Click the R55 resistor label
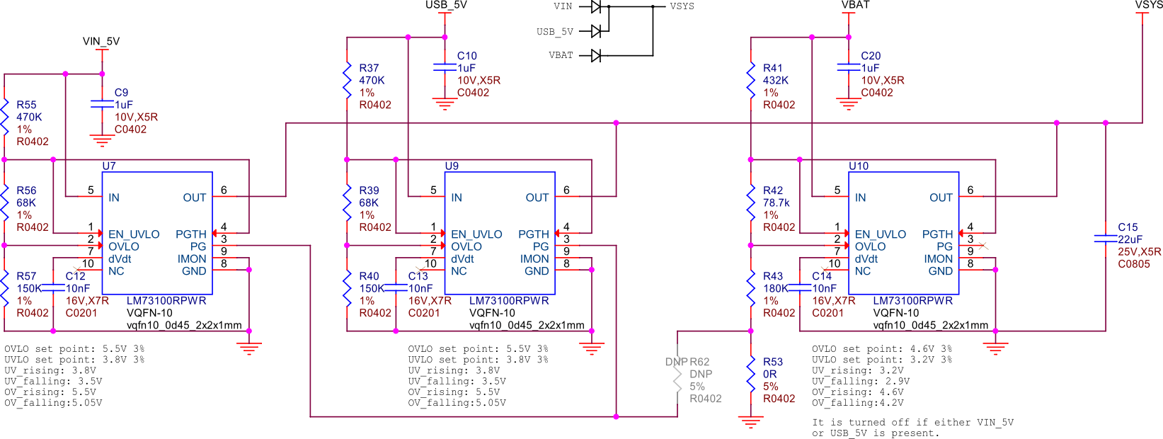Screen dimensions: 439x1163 click(26, 105)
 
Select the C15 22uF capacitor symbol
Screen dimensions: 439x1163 click(1105, 239)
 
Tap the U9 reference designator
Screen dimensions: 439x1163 click(452, 166)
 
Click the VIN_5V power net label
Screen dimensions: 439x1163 click(101, 41)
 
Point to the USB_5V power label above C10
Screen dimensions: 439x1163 click(446, 5)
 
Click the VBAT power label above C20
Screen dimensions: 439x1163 click(855, 5)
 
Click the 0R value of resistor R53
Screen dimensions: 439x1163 click(769, 374)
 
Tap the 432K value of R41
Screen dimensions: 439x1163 click(776, 80)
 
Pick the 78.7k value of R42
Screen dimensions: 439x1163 click(777, 203)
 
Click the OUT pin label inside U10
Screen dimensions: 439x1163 click(941, 198)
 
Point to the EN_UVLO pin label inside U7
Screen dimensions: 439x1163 click(134, 234)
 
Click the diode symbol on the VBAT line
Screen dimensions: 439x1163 click(596, 55)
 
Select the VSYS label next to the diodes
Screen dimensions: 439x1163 click(682, 6)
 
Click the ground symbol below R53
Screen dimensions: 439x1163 click(750, 422)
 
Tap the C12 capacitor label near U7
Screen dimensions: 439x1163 click(75, 276)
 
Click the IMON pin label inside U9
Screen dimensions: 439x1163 click(534, 259)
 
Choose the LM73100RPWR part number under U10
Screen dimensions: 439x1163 click(912, 300)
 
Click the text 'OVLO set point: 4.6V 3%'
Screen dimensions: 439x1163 click(881, 349)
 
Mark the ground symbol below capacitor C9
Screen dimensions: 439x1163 click(102, 141)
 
